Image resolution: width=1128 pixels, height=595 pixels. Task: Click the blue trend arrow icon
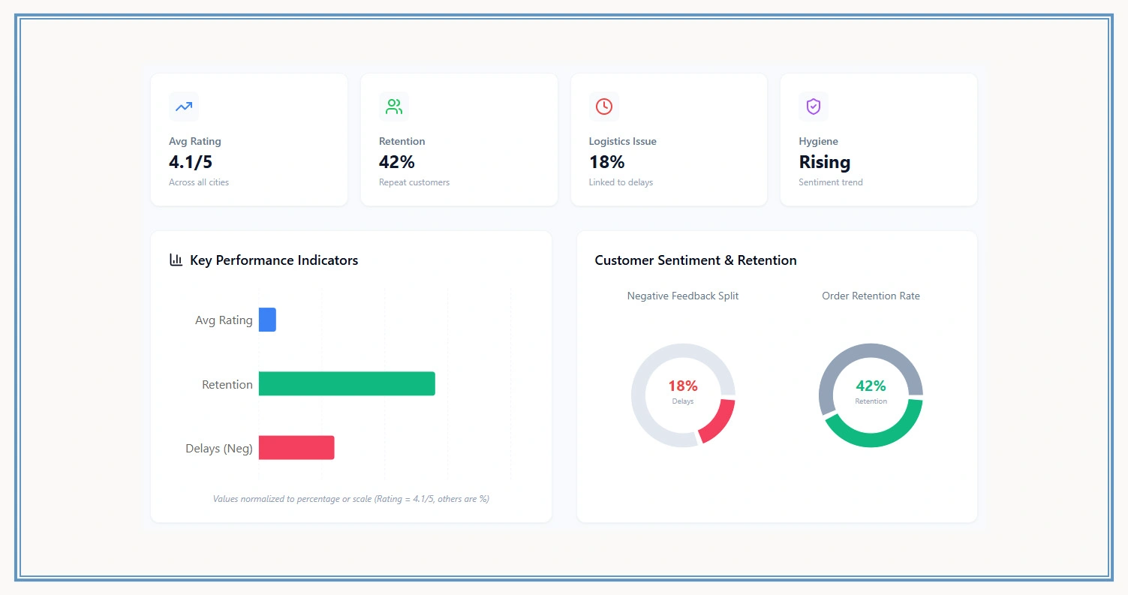pos(184,107)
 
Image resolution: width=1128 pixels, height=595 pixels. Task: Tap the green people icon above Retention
pos(393,107)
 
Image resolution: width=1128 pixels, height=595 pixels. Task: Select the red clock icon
pos(603,107)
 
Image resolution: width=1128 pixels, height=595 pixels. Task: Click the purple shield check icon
pos(814,107)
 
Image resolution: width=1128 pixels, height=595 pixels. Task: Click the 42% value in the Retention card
pos(396,162)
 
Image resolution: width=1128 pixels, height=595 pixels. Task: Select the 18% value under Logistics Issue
pos(606,162)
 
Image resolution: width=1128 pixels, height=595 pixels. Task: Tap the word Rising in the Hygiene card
pos(824,162)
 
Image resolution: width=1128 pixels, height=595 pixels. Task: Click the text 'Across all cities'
pos(199,182)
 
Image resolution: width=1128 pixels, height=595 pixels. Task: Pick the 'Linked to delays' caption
pos(621,182)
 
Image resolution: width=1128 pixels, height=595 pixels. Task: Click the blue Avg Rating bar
pos(267,320)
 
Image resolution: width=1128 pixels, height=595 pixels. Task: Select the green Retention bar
pos(347,383)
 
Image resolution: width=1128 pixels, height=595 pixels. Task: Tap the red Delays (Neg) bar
pos(296,448)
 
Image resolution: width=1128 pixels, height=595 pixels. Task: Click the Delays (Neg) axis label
pos(218,449)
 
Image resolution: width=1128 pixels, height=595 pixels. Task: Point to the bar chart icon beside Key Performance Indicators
pos(176,260)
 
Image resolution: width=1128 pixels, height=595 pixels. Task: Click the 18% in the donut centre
pos(682,386)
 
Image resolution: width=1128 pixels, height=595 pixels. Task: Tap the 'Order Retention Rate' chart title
pos(871,296)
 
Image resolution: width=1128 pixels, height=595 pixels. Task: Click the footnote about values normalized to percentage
pos(350,499)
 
